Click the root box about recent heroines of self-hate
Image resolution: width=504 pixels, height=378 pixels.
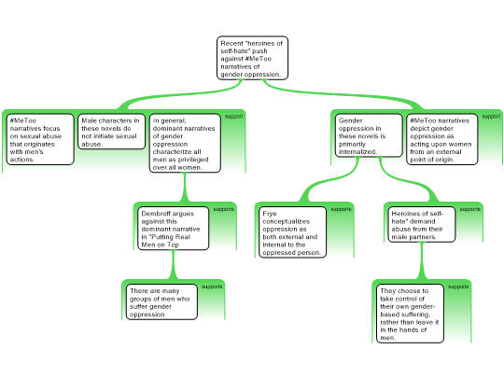(x=252, y=58)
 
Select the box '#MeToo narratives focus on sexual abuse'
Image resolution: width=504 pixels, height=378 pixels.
(x=40, y=139)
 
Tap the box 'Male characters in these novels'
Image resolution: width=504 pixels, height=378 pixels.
(x=112, y=132)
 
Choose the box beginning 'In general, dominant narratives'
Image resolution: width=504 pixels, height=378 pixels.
(x=185, y=144)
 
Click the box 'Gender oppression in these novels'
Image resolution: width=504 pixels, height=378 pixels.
(x=369, y=135)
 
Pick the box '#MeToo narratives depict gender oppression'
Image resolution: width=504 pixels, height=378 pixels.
(x=442, y=139)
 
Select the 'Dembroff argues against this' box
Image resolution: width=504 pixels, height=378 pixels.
(x=173, y=229)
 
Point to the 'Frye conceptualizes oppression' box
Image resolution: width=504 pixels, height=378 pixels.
(x=292, y=232)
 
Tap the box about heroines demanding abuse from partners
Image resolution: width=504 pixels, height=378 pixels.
(x=421, y=225)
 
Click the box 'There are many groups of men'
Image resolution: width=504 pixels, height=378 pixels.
(x=161, y=301)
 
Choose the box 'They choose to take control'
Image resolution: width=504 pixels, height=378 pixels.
(x=410, y=314)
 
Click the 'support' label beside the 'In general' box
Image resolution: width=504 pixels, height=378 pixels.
(x=233, y=117)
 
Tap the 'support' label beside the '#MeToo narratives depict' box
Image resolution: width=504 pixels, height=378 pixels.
(x=491, y=117)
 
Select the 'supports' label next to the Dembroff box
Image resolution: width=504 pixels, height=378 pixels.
(x=224, y=209)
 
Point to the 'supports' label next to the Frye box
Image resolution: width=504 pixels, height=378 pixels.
(x=341, y=209)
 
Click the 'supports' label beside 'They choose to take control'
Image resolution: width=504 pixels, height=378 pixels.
(x=458, y=287)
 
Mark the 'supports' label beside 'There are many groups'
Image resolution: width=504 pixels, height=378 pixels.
(x=212, y=287)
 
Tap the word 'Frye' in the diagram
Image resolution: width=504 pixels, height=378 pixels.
(x=270, y=214)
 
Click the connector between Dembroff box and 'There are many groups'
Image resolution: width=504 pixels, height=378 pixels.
(x=174, y=265)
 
